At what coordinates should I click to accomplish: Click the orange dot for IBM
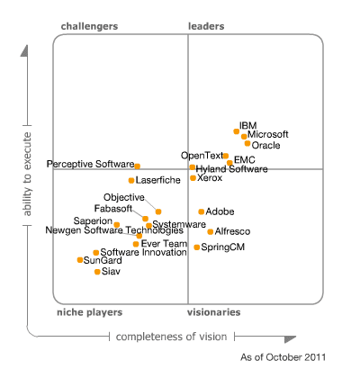coord(237,131)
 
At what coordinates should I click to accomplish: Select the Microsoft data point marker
coord(244,137)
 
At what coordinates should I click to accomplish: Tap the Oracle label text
coord(266,145)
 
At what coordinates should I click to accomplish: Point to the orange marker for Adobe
coord(202,211)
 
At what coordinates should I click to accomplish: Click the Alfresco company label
coord(232,231)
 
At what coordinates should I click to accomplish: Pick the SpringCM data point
coord(197,247)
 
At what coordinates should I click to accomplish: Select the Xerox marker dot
coord(193,178)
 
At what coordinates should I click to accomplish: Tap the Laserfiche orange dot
coord(131,180)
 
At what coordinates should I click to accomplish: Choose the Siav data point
coord(97,271)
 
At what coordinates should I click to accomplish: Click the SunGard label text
coord(103,260)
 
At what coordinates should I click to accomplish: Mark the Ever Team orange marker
coord(136,243)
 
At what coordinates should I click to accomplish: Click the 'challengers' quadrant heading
coord(89,26)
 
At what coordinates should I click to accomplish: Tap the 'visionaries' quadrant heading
coord(214,312)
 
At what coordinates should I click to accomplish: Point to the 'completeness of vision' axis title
coord(172,337)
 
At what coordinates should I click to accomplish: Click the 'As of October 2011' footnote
coord(283,357)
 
